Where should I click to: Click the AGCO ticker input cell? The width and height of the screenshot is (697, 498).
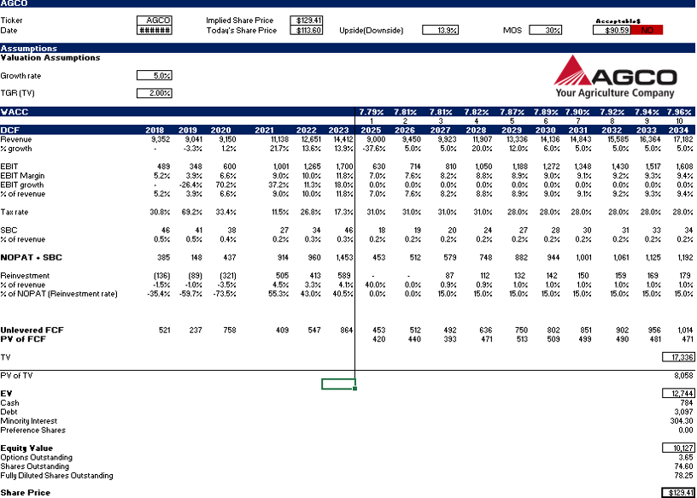[155, 20]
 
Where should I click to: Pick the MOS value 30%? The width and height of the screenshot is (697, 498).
[546, 30]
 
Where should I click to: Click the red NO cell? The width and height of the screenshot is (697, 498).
[647, 30]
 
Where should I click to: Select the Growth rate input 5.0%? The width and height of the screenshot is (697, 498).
[155, 75]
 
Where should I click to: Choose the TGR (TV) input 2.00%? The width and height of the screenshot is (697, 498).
[155, 93]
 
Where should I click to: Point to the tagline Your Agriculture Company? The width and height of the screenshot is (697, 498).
[614, 93]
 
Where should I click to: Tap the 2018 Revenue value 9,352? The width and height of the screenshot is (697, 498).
[157, 138]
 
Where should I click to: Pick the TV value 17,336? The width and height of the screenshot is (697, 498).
[678, 356]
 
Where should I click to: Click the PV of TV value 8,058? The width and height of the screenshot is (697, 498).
[680, 375]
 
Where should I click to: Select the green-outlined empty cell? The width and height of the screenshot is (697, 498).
[337, 384]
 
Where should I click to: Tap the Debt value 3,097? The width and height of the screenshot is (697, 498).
[681, 412]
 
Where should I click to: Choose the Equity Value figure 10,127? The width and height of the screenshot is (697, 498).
[678, 448]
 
